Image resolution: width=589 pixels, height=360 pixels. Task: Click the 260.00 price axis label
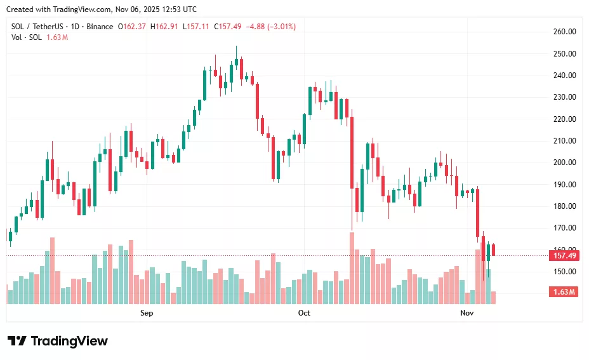(564, 32)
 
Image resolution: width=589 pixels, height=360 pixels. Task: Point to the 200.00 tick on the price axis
(564, 163)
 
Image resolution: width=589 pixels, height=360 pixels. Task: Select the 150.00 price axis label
(564, 272)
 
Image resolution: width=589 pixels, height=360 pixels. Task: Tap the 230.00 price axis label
(564, 97)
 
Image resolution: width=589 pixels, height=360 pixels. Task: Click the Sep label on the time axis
(147, 313)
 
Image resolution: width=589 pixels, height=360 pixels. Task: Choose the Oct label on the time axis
(304, 313)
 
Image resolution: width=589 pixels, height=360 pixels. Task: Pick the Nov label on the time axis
(467, 313)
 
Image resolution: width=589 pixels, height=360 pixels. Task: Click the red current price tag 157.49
(564, 256)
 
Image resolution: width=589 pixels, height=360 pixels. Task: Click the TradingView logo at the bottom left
(58, 341)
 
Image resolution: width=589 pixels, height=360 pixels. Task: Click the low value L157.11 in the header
(196, 27)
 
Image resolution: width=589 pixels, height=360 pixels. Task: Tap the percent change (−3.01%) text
(277, 27)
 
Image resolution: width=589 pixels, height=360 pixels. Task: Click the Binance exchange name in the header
(100, 27)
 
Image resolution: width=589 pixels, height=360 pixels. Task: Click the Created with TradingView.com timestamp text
(102, 9)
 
